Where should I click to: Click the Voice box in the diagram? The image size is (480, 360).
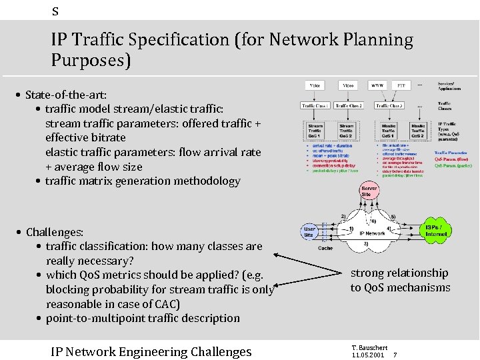click(315, 86)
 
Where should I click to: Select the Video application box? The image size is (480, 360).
click(348, 86)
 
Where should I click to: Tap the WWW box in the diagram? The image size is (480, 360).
click(378, 86)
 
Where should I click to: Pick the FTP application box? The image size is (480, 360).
click(401, 86)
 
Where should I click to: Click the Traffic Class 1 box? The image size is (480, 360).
click(315, 105)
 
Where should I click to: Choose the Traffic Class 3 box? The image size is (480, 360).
click(389, 105)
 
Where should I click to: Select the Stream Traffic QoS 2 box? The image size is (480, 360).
click(347, 130)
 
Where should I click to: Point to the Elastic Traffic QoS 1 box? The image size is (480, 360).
click(389, 130)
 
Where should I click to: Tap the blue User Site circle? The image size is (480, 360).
click(310, 231)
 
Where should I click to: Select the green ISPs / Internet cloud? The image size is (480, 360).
click(437, 231)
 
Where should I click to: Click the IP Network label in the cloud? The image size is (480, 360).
click(372, 233)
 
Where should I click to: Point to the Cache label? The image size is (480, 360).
click(325, 248)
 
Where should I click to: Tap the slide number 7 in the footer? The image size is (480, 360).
click(395, 355)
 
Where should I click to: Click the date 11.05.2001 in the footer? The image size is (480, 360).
click(367, 355)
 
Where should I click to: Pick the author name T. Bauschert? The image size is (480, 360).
click(368, 347)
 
